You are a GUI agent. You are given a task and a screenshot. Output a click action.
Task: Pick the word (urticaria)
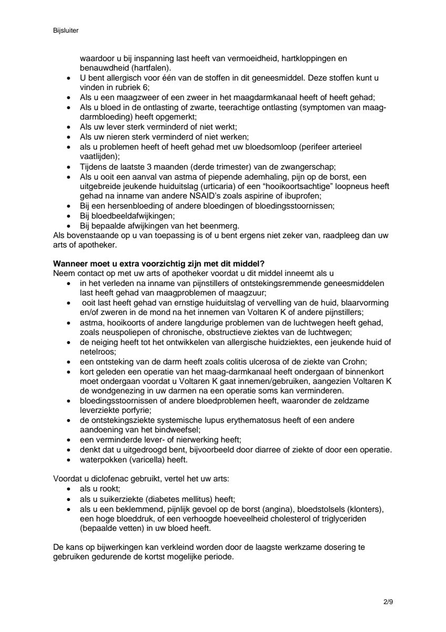[200, 187]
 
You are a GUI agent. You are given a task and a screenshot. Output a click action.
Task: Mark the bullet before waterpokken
[69, 459]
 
